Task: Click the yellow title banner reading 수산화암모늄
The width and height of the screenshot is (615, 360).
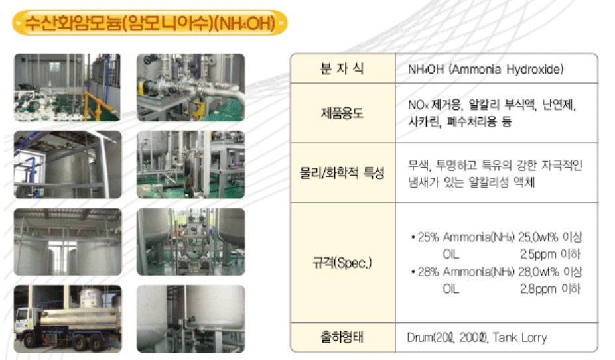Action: (x=150, y=23)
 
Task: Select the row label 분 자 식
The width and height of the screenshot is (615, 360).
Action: (x=342, y=69)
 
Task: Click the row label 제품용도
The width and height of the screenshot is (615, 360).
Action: (x=342, y=113)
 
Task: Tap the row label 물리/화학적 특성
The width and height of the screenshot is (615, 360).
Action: (x=342, y=172)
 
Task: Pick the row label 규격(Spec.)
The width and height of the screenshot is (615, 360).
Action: (x=342, y=263)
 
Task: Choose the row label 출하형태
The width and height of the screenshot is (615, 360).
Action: (x=342, y=337)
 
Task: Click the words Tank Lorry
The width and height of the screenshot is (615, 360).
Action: (x=519, y=337)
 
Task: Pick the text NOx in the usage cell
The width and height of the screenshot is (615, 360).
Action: (x=418, y=105)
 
